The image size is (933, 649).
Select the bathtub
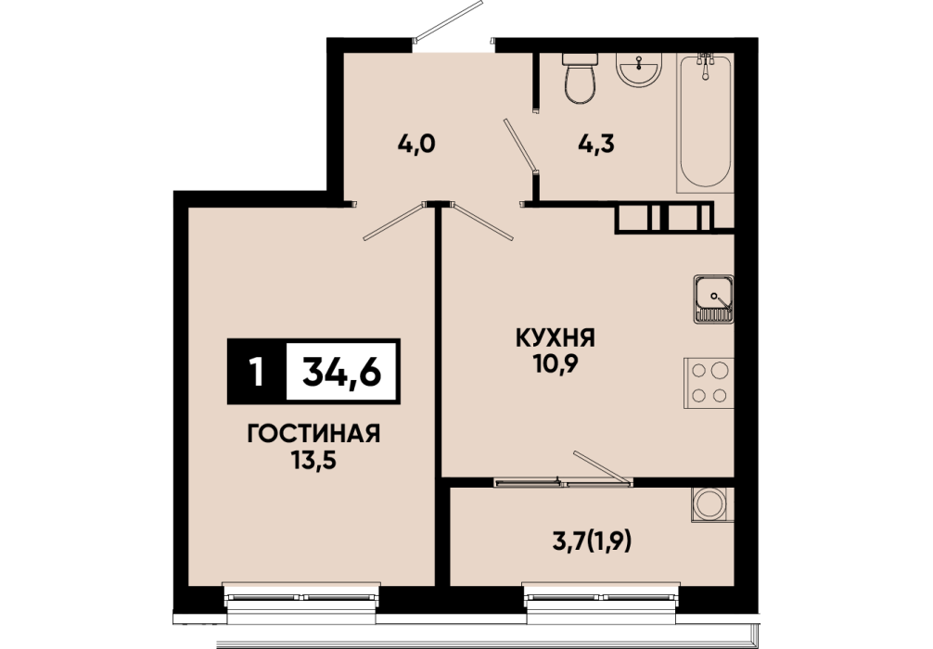tap(705, 122)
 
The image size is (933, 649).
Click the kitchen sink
tap(713, 299)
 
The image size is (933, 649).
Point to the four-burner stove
tap(709, 383)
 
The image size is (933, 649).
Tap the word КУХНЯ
tap(556, 338)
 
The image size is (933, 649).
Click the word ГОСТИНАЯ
tap(313, 434)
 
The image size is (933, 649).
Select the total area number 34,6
tap(342, 373)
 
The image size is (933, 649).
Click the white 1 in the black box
tap(257, 373)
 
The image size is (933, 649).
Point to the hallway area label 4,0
tap(416, 144)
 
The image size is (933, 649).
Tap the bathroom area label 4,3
tap(595, 144)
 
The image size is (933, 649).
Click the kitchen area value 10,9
tap(556, 364)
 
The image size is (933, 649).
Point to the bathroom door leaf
tap(520, 146)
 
